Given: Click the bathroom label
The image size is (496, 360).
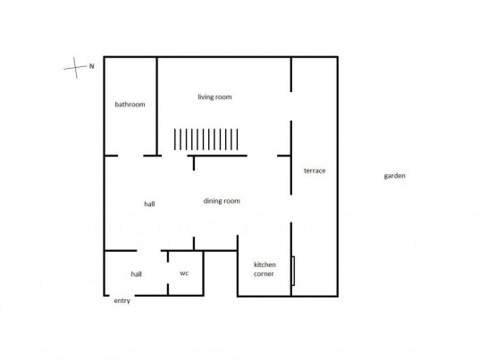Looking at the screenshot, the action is point(130,105).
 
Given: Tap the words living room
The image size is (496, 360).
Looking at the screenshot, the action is point(214,97).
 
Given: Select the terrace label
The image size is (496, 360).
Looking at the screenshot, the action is point(315,171).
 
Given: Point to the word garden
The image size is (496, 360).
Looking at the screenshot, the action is point(394,176).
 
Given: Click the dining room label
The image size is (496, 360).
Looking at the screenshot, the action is point(222,201).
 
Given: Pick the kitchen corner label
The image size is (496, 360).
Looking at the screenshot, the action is point(265,269).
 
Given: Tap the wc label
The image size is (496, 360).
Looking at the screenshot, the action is point(184,273).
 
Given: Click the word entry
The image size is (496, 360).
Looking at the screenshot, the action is point(122,301).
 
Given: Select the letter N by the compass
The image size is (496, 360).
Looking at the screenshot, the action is point(92,66).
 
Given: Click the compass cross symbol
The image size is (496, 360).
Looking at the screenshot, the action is point(75,68).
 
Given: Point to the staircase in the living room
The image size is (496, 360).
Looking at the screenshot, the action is point(206,139).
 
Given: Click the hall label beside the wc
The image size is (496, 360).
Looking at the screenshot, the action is point(137,274).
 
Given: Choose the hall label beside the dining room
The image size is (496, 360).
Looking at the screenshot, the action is point(149,205).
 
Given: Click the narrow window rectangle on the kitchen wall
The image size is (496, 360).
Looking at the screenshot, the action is point(293,271).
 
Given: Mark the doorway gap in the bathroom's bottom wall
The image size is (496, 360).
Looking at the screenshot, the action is point(130,155).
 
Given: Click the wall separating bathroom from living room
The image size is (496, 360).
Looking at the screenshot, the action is point(156,106).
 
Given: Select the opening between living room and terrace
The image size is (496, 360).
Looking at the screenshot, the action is point(291,106).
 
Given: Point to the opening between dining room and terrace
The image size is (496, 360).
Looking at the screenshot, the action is point(291,209).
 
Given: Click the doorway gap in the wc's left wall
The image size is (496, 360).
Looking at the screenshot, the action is point(168,273).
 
